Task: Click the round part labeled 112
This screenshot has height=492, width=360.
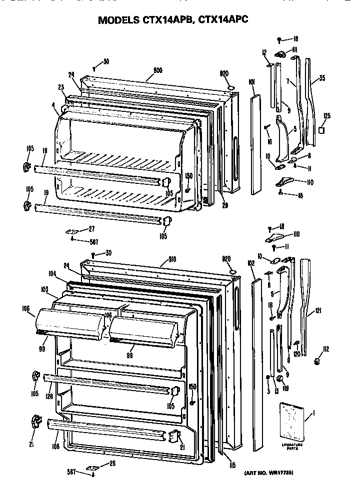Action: click(316, 361)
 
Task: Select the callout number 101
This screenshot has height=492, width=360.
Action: click(251, 81)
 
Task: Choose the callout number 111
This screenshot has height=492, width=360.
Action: click(294, 49)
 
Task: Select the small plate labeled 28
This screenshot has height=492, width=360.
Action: click(91, 468)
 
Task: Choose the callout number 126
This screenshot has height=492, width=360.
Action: click(48, 397)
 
